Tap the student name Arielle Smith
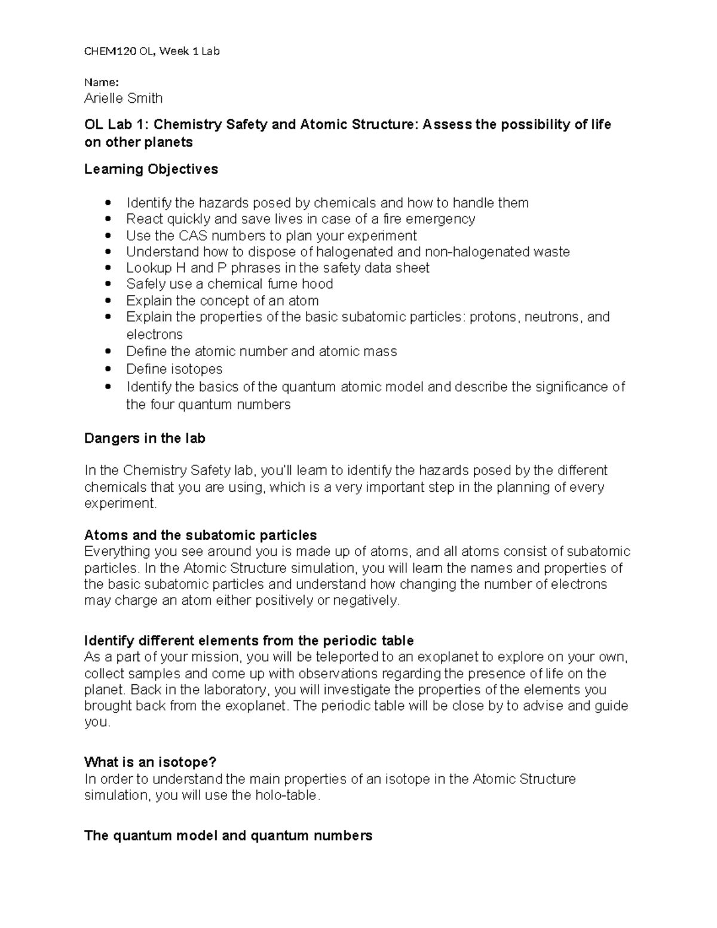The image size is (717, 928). tap(123, 98)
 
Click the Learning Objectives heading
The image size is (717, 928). tap(151, 169)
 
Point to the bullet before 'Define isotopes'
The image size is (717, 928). tap(108, 369)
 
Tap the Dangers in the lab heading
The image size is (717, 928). tap(145, 438)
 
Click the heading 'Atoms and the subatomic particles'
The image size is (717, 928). tap(200, 535)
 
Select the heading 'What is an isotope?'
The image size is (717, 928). tap(150, 762)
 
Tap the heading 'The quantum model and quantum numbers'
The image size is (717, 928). tap(228, 835)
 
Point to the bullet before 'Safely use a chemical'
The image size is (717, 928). tap(108, 284)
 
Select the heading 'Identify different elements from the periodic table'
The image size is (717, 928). tap(249, 641)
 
